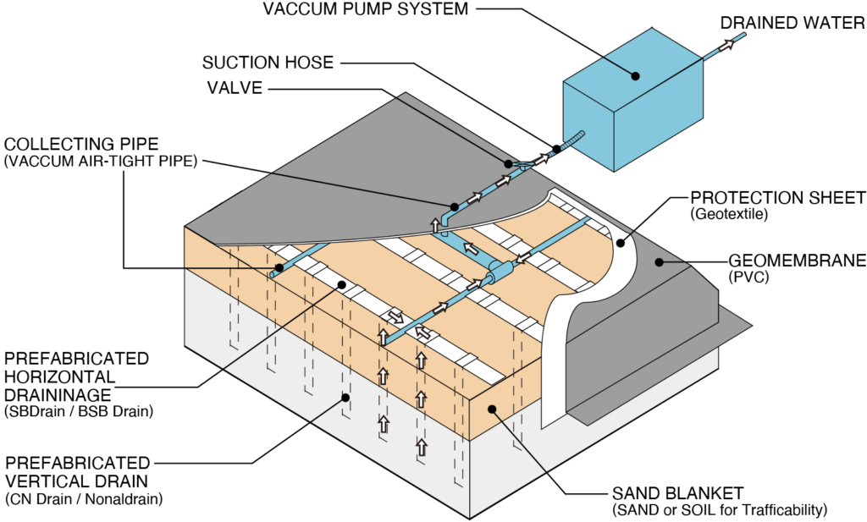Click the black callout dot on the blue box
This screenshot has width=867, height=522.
pos(635,76)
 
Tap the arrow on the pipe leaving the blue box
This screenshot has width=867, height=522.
pos(726,47)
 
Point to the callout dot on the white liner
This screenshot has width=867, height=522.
pos(620,243)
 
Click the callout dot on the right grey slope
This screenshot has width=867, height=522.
pos(660,262)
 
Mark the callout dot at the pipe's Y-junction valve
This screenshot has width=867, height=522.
pos(509,163)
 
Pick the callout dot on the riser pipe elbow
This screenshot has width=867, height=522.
pos(455,206)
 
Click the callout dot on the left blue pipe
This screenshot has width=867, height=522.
pos(279,268)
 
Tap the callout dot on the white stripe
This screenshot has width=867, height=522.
pos(342,285)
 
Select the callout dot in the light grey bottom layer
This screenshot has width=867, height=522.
pos(345,396)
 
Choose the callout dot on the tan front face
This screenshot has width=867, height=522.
pos(492,409)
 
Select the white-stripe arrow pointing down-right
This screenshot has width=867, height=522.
pos(395,316)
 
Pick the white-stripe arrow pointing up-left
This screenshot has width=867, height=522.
pos(422,333)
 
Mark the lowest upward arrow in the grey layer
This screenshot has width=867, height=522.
pos(421,446)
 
